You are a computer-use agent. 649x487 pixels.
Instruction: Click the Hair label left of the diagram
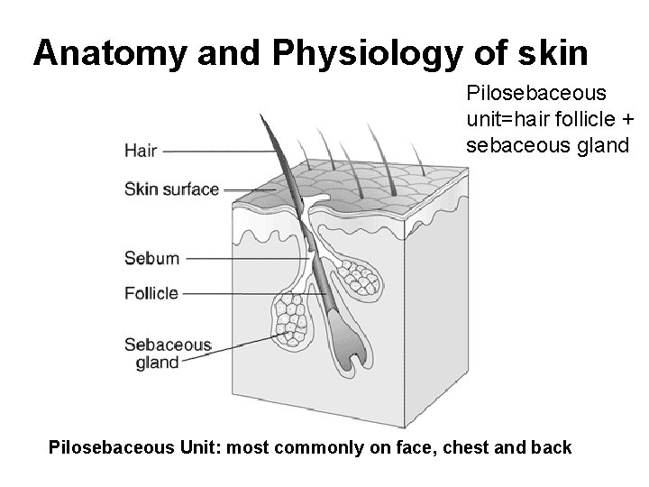coord(141,151)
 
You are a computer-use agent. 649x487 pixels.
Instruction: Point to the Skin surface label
coord(171,189)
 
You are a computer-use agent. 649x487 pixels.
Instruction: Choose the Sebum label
coord(151,259)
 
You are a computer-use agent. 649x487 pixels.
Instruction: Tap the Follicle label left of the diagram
coord(151,293)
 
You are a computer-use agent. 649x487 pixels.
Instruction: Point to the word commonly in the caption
coord(309,447)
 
